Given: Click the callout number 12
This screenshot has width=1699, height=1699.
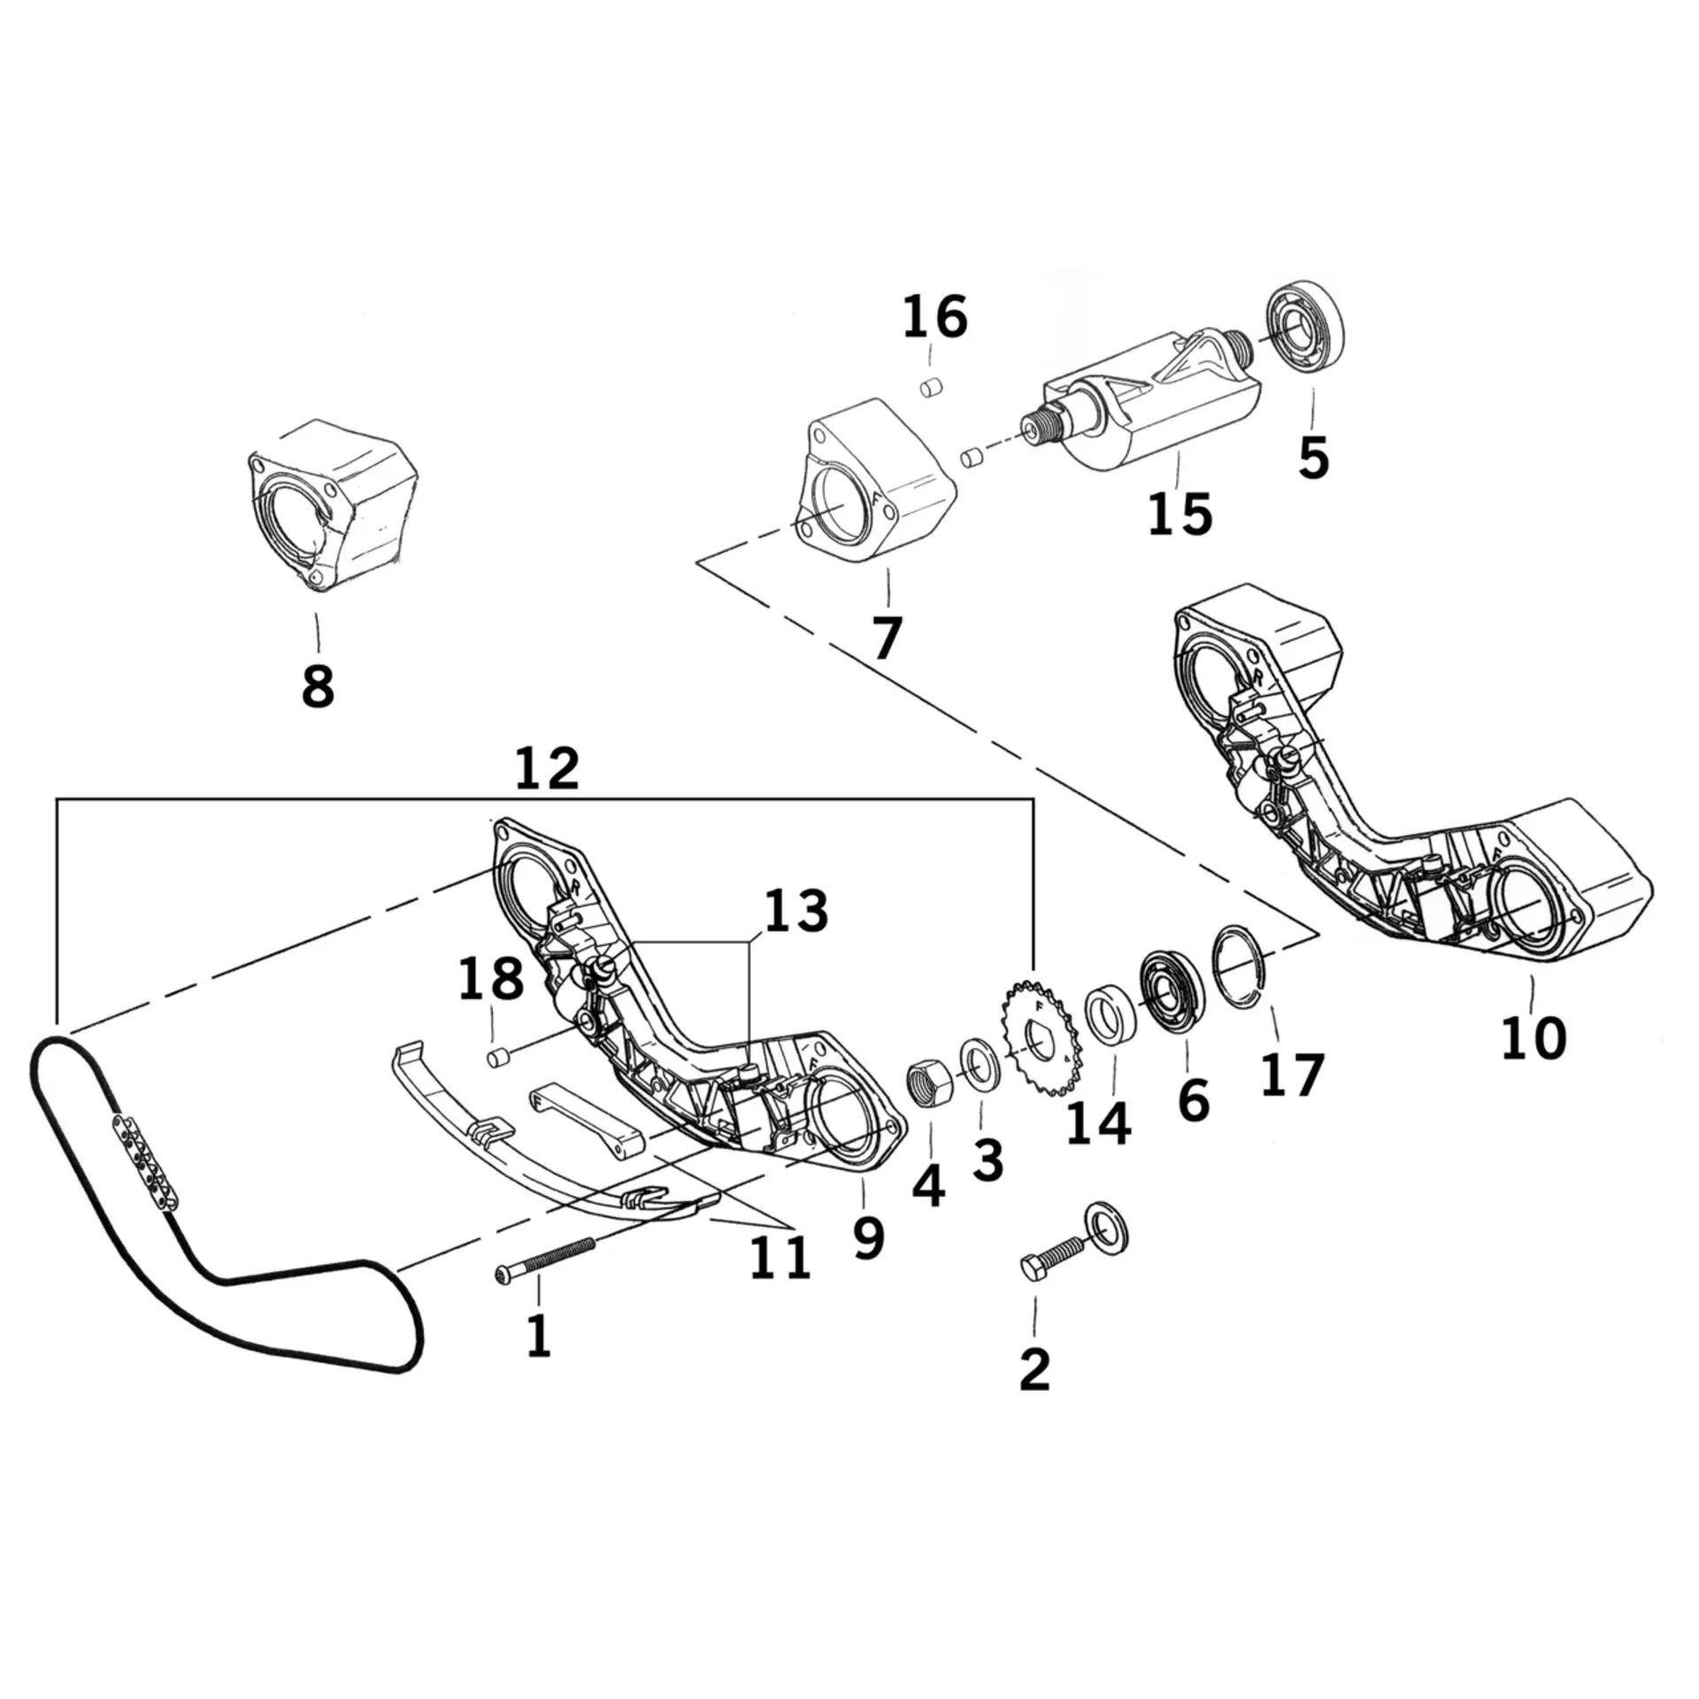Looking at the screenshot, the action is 547,768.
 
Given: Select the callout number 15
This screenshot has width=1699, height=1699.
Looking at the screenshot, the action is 1180,513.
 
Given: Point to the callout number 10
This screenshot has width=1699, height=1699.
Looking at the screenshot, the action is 1534,1037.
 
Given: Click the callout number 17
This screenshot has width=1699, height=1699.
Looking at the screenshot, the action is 1292,1074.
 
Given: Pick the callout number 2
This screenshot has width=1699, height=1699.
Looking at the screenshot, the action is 1034,1369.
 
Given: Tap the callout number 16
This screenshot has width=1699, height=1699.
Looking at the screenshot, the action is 935,318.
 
